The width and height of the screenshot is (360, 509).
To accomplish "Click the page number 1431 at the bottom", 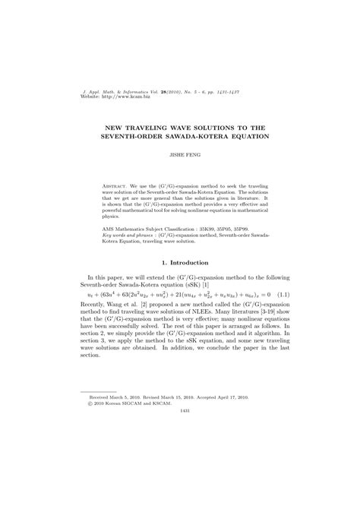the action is click(180, 445).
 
